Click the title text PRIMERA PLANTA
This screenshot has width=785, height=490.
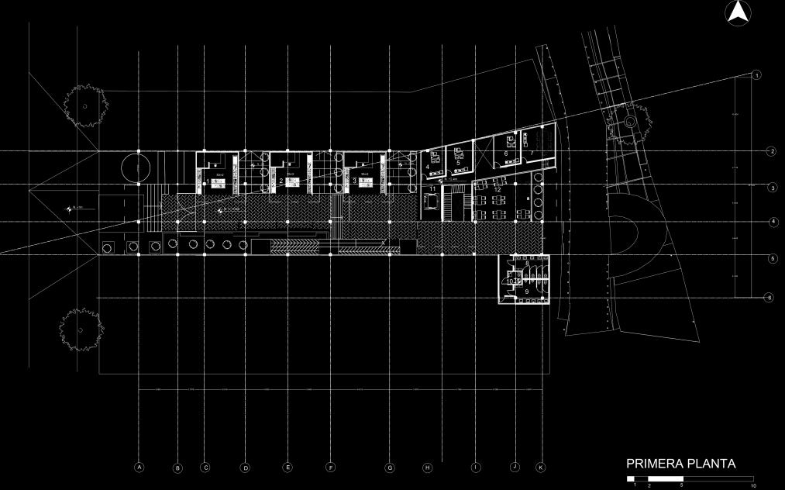680,464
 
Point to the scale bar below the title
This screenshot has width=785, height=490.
690,478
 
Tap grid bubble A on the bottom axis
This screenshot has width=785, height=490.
139,468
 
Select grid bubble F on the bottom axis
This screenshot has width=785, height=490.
330,468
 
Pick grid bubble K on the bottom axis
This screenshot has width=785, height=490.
541,468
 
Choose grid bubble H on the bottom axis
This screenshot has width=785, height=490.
426,468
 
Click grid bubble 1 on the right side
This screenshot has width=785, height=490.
756,74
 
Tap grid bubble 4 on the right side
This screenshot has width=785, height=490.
773,223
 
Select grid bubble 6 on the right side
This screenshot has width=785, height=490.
769,297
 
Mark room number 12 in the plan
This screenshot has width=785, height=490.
498,189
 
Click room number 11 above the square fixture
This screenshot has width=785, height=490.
432,188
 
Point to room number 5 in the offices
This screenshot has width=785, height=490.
458,163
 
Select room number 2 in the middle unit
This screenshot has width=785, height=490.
281,181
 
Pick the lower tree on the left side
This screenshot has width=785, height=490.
81,330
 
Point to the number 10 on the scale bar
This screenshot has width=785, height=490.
752,485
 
